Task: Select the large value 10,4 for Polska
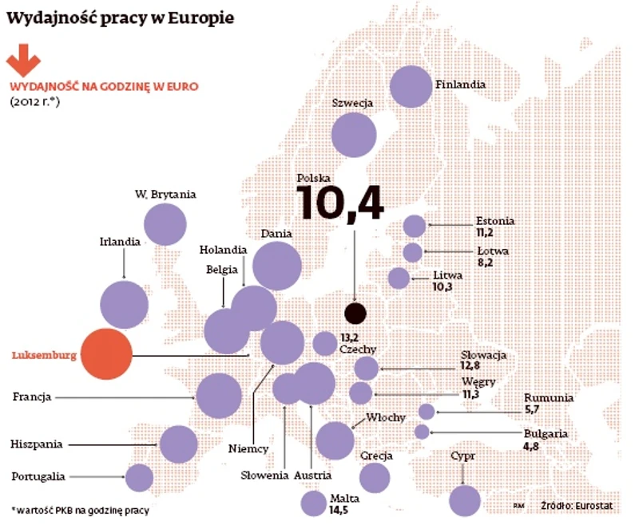point(340,202)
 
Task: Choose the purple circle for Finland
point(412,86)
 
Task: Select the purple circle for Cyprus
point(465,500)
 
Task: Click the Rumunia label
point(549,398)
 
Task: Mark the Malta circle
point(313,503)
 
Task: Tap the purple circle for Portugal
point(139,478)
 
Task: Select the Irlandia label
point(121,241)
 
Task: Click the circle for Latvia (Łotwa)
point(413,253)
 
